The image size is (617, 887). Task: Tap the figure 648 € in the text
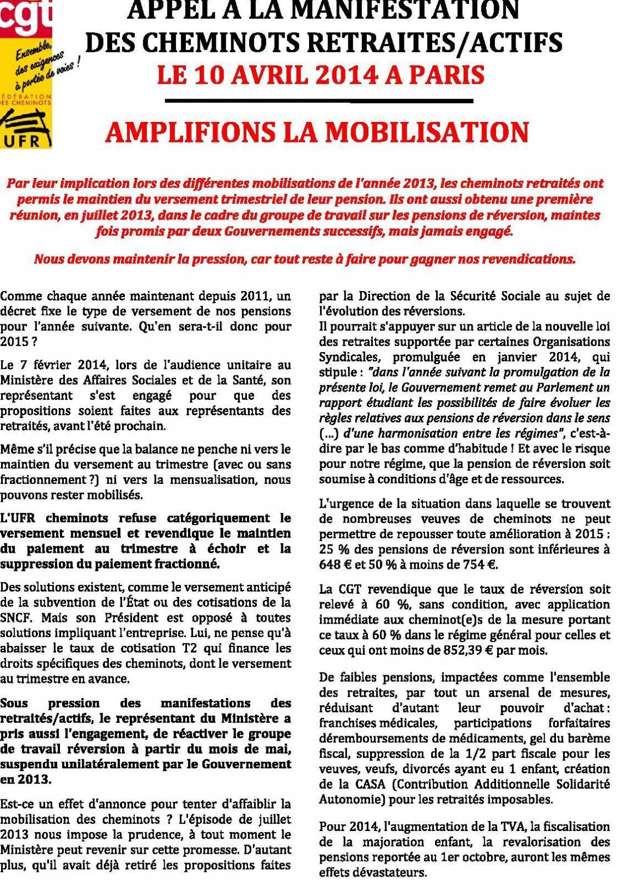[x=334, y=565]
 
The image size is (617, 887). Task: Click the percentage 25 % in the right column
[x=333, y=549]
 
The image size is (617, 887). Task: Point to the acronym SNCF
[x=17, y=617]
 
